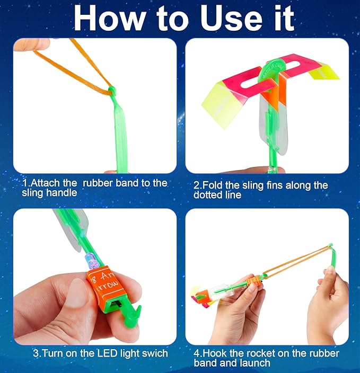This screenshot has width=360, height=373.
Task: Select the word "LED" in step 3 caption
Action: point(100,353)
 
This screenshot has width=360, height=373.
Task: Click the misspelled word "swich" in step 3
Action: point(154,353)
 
